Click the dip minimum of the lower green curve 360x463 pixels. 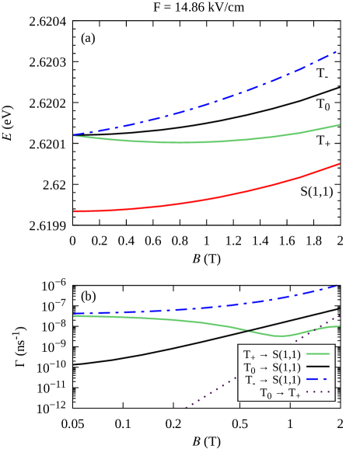coord(281,336)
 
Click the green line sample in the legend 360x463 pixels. coord(318,354)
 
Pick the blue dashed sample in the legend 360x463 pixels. coord(318,380)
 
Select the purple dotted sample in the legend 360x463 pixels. coord(318,393)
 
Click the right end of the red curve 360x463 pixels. coord(340,164)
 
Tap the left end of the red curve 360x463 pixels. coord(74,211)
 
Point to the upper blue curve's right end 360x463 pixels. coord(337,51)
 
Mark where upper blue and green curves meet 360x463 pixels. coord(74,135)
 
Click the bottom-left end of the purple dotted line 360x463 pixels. coord(186,407)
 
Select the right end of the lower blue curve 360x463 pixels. coord(338,286)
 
